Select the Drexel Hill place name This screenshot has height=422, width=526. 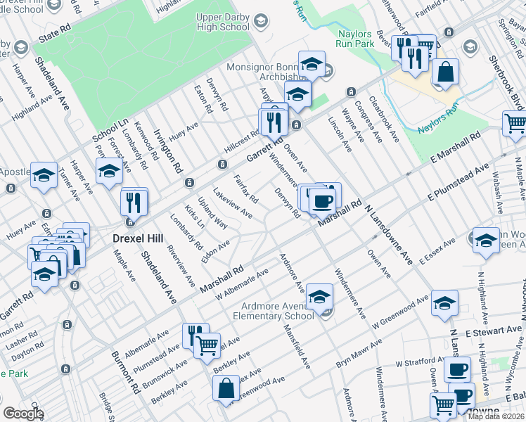(x=139, y=238)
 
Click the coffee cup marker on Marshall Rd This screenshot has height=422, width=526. (x=323, y=201)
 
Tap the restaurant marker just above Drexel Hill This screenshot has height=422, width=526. (x=134, y=203)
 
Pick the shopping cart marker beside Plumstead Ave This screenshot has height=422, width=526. (x=206, y=345)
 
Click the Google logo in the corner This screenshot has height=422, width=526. (x=23, y=413)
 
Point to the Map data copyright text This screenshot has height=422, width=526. (x=496, y=416)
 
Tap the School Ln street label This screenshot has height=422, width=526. (x=110, y=127)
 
